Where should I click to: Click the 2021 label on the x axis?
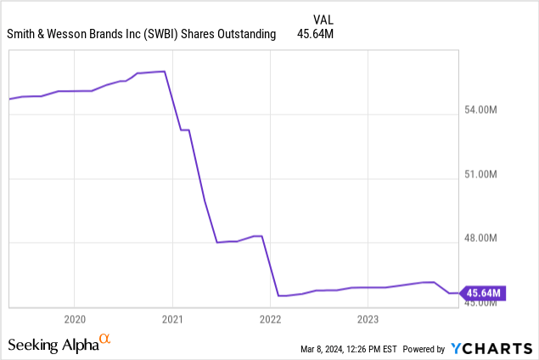coord(172,319)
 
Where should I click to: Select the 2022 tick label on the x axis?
coord(270,319)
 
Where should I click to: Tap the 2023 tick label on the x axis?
coord(368,319)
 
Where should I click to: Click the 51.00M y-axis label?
coord(485,175)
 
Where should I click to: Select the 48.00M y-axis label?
coord(485,239)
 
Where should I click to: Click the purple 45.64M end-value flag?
coord(485,294)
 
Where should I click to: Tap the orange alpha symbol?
coord(105,340)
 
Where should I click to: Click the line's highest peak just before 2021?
coord(163,71)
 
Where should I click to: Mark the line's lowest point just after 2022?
coord(280,295)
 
